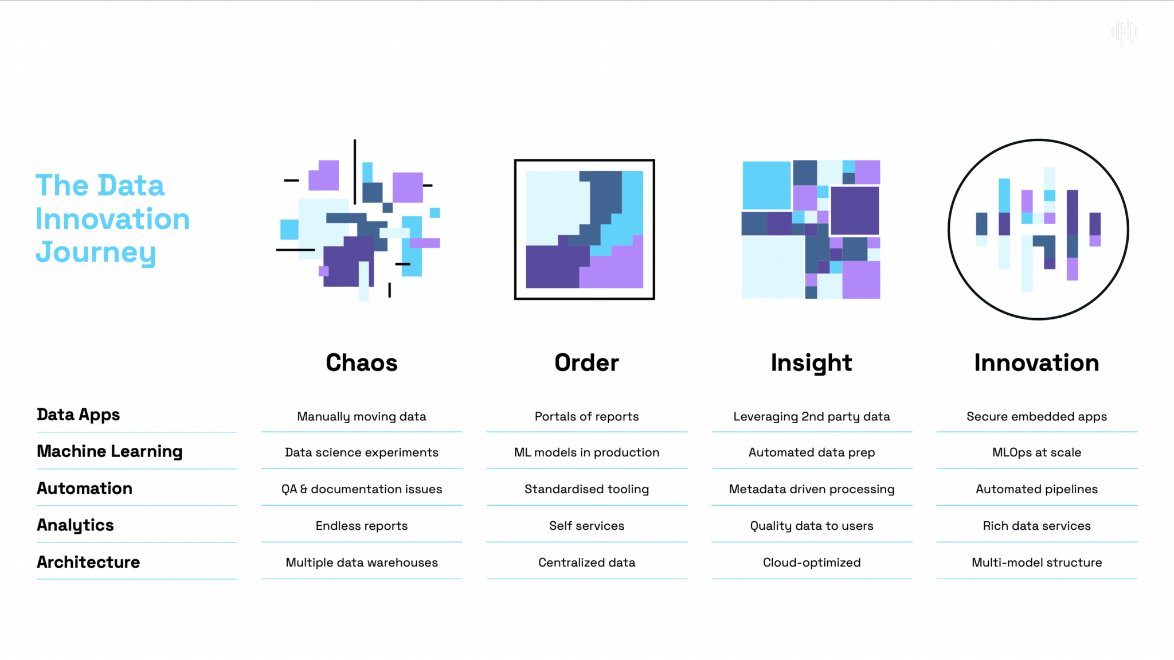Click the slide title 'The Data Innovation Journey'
click(x=112, y=218)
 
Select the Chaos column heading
click(x=362, y=362)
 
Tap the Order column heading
click(x=586, y=362)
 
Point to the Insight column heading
click(x=811, y=363)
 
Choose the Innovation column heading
click(x=1036, y=362)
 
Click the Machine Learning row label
click(x=109, y=452)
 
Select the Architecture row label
click(x=88, y=562)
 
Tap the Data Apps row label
click(x=79, y=415)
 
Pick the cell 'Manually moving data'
click(x=362, y=417)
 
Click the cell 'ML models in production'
click(x=586, y=452)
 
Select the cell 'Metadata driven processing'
click(x=812, y=490)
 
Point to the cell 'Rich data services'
click(x=1036, y=526)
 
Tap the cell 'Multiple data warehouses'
click(x=362, y=563)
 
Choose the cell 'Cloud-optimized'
click(x=812, y=563)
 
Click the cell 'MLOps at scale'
click(x=1036, y=453)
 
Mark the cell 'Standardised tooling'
click(x=586, y=490)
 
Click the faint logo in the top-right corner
click(x=1124, y=32)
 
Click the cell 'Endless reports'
click(x=362, y=526)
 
